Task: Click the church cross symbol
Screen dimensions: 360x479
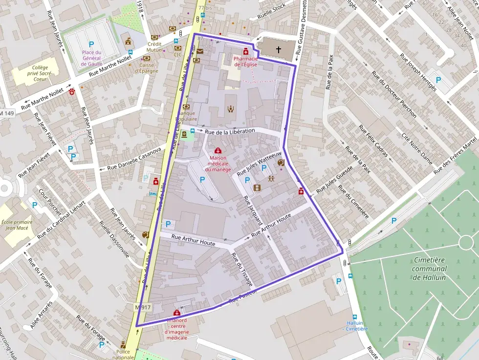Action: (x=279, y=49)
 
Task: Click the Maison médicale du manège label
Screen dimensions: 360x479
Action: (x=218, y=164)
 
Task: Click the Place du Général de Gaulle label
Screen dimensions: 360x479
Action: (x=91, y=58)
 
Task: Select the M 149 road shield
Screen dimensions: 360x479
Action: (x=7, y=113)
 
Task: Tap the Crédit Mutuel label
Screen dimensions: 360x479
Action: (x=154, y=46)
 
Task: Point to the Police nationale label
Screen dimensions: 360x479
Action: (x=123, y=354)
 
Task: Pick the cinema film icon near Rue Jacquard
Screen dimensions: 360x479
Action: (x=258, y=187)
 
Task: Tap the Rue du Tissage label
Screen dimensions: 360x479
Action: (x=240, y=270)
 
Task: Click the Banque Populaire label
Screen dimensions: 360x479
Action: (x=186, y=116)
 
